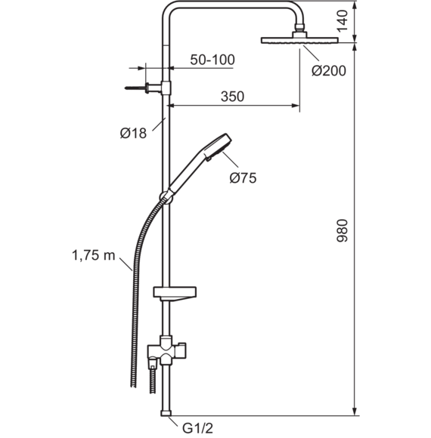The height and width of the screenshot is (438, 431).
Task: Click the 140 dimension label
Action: click(x=342, y=21)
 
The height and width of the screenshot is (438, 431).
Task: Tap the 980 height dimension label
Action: click(x=342, y=231)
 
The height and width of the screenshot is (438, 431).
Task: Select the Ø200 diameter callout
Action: click(x=329, y=71)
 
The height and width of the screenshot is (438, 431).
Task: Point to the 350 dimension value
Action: click(x=232, y=97)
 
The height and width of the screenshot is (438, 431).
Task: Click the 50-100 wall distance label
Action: click(x=212, y=60)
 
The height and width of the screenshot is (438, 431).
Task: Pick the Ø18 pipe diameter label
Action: click(x=133, y=133)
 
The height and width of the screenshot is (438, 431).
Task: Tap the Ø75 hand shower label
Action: click(x=243, y=177)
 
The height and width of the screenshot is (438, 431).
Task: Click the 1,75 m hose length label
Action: click(x=94, y=255)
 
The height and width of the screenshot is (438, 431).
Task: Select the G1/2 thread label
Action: click(x=198, y=428)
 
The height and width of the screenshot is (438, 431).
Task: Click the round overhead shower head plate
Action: click(x=299, y=41)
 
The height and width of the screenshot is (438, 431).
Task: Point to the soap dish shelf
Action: click(x=175, y=294)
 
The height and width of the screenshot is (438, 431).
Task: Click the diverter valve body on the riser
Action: click(x=166, y=351)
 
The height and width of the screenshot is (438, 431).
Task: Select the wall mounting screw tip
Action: click(x=126, y=88)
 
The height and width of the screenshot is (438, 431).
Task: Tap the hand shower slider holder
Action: click(x=166, y=197)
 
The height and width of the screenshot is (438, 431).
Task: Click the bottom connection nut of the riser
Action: click(x=166, y=413)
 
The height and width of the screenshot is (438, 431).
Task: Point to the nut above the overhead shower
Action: click(x=299, y=28)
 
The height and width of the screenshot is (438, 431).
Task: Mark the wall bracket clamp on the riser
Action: click(x=166, y=88)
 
